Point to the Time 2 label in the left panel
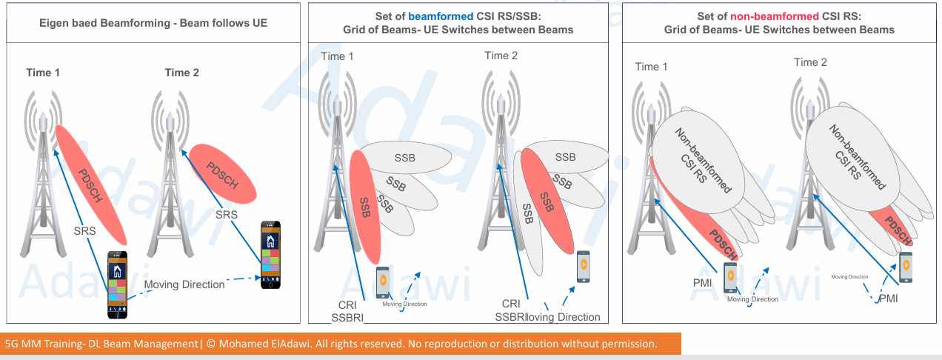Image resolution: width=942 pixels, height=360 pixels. [x=181, y=73]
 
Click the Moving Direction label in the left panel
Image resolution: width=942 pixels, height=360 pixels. [x=184, y=284]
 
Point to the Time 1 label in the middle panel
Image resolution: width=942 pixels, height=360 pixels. [x=338, y=56]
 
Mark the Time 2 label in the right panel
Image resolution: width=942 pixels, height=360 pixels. [x=810, y=62]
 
